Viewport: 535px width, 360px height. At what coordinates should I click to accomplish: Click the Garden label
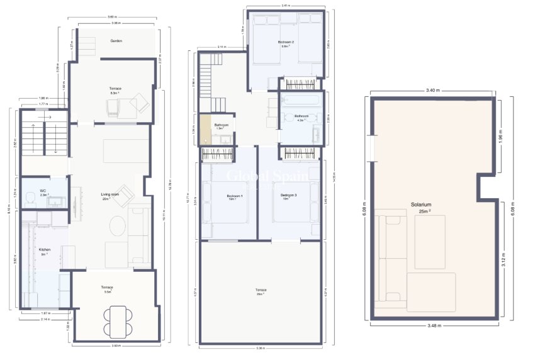tap(116, 41)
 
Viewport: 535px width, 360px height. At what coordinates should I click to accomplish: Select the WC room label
tap(43, 192)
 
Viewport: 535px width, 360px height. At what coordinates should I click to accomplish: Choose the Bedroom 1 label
tap(235, 197)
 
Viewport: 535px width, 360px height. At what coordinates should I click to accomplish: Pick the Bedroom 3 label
tap(288, 197)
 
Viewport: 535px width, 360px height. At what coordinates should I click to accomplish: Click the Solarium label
tap(421, 205)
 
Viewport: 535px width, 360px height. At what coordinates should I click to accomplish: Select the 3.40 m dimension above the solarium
tap(432, 91)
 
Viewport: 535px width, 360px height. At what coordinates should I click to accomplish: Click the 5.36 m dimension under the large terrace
tap(261, 348)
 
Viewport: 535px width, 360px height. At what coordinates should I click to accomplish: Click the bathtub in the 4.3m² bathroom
tap(301, 101)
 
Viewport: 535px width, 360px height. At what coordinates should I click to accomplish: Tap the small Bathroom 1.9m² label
tap(221, 126)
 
